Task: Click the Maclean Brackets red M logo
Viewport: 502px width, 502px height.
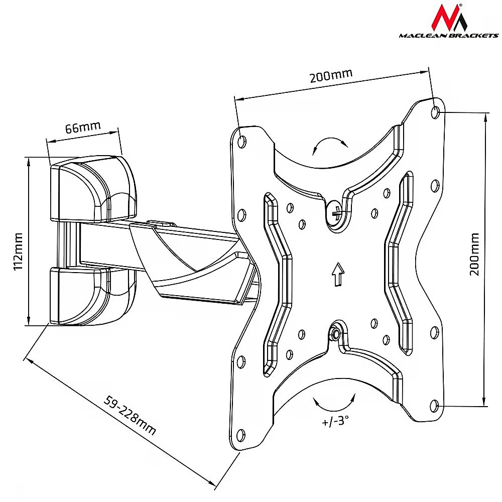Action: click(x=448, y=17)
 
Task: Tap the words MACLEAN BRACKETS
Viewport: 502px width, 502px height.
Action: click(x=448, y=36)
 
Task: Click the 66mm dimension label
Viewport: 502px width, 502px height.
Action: click(x=83, y=127)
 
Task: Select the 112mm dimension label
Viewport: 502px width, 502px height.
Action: click(x=18, y=252)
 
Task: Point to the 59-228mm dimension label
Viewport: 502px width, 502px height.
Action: click(x=130, y=415)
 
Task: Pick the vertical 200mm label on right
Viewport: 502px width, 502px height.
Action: click(x=474, y=254)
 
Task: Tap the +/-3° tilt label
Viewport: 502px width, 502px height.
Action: click(x=335, y=420)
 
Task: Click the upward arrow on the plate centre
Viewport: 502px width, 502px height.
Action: click(x=338, y=274)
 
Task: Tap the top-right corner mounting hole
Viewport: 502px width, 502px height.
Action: click(x=435, y=112)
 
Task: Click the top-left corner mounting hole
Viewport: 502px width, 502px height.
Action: click(x=242, y=141)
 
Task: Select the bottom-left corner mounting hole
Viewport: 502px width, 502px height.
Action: click(x=240, y=435)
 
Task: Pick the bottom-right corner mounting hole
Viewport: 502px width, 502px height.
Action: click(x=434, y=406)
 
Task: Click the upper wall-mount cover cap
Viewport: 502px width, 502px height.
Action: click(x=93, y=189)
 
